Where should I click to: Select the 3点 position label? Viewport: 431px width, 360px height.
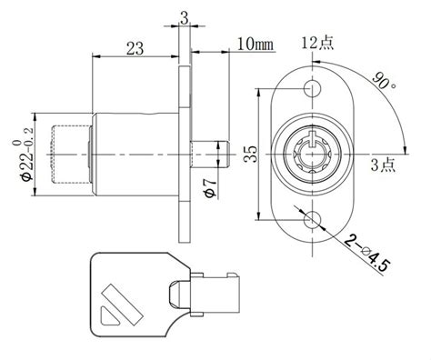(x=381, y=165)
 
